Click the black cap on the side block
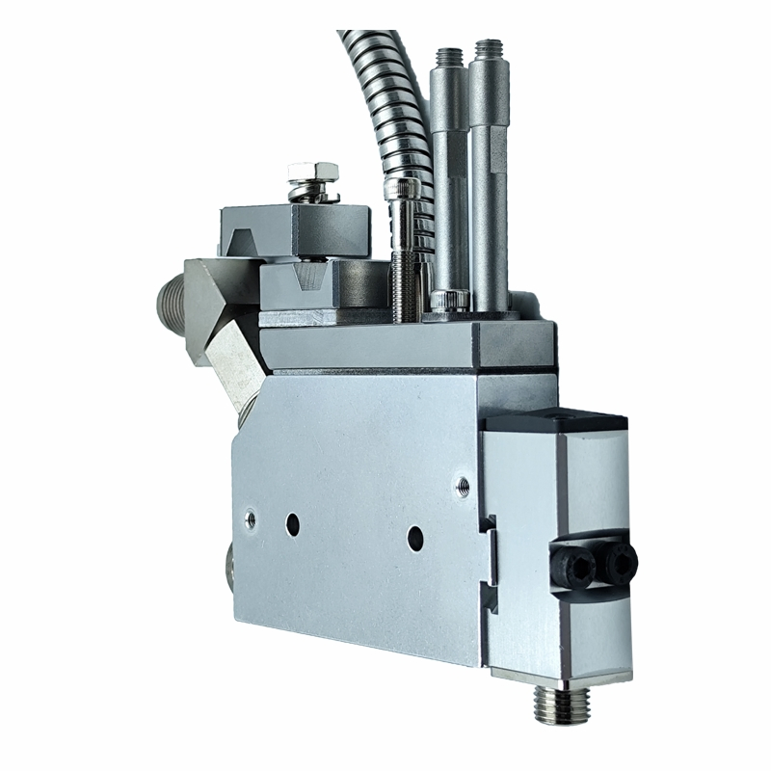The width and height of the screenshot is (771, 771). pos(559,421)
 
